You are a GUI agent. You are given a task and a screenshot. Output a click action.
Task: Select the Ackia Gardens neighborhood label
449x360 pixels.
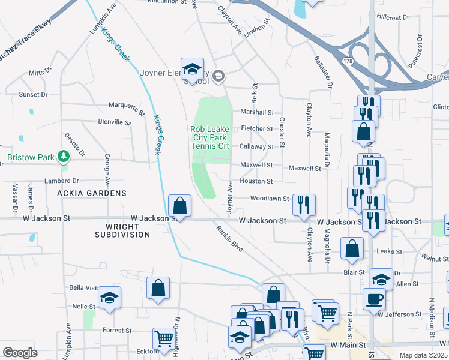[x=92, y=193]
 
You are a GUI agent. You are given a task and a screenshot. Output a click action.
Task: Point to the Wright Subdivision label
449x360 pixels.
[x=122, y=230]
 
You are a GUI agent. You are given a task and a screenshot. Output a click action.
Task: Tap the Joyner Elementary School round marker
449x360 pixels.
[x=218, y=75]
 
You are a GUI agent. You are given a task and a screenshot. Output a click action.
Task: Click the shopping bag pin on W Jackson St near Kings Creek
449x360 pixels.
[x=180, y=206]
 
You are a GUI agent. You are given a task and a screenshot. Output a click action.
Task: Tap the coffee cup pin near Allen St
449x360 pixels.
[x=374, y=298]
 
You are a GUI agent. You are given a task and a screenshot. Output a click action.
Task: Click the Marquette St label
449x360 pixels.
[x=127, y=109]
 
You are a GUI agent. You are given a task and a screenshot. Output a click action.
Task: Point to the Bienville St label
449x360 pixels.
[x=114, y=122]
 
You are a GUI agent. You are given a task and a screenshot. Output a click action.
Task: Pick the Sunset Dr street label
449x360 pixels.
[x=33, y=94]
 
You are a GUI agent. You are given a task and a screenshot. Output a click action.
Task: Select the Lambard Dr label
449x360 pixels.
[x=62, y=181]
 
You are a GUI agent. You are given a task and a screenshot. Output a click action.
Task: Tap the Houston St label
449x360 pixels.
[x=256, y=181]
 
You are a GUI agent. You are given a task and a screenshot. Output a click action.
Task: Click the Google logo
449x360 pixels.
[x=20, y=353]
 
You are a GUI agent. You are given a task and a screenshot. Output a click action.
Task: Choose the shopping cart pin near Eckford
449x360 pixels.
[x=163, y=338]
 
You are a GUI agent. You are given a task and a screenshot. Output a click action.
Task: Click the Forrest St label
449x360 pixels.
[x=117, y=331]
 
